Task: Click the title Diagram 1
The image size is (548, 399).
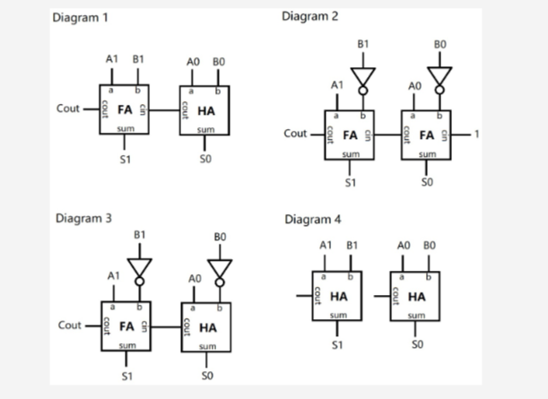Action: coord(82,18)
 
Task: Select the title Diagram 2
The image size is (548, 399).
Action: coord(310,16)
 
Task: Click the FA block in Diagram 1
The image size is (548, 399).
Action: coord(125,111)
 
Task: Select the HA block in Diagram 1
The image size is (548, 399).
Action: coord(204,111)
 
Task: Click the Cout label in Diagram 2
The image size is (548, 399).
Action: coord(295,134)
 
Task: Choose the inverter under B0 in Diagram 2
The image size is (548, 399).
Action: coord(439,76)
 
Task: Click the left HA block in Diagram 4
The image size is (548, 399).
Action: coord(337,295)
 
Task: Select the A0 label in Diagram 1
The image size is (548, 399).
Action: coord(192,61)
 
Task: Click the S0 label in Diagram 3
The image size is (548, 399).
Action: coord(207,375)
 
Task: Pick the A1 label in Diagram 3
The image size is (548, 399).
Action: coord(112,276)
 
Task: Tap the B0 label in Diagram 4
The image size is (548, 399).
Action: coord(430,244)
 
